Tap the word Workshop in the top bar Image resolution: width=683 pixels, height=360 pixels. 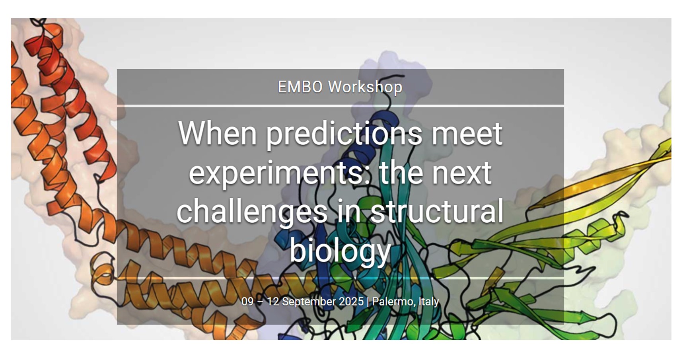365,87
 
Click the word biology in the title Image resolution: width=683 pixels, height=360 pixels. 340,251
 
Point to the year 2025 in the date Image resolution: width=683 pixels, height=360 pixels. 351,302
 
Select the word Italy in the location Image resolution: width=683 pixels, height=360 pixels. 429,302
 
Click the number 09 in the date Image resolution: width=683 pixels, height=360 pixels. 247,302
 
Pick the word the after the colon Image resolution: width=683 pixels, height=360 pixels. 401,173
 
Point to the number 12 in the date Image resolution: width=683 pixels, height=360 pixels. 273,302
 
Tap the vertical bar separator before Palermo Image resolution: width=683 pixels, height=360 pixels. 368,302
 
